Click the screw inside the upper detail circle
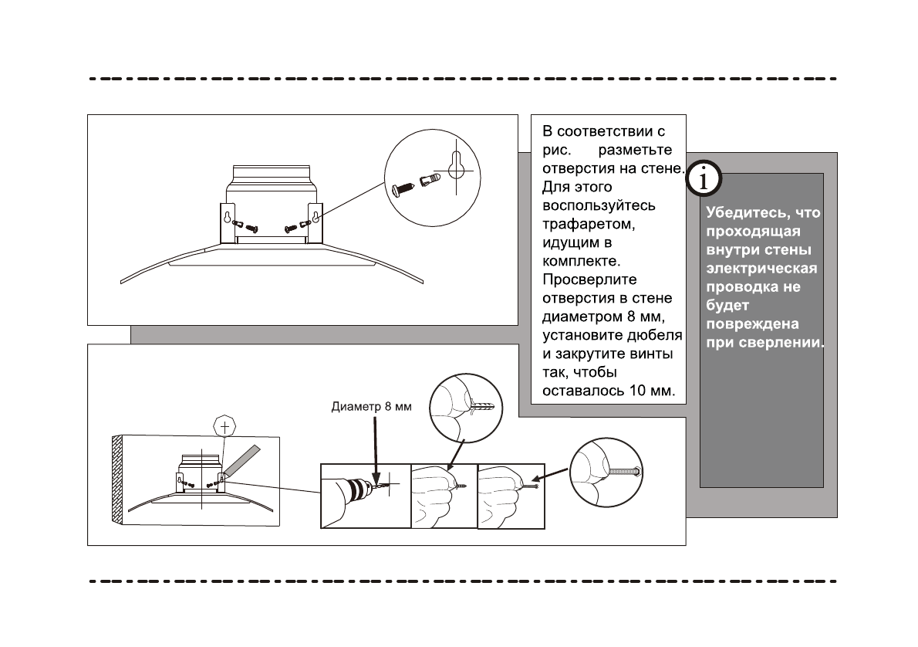click(x=403, y=188)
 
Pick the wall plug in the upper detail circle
click(x=430, y=182)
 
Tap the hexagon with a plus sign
click(x=224, y=426)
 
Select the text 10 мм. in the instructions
click(x=653, y=391)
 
